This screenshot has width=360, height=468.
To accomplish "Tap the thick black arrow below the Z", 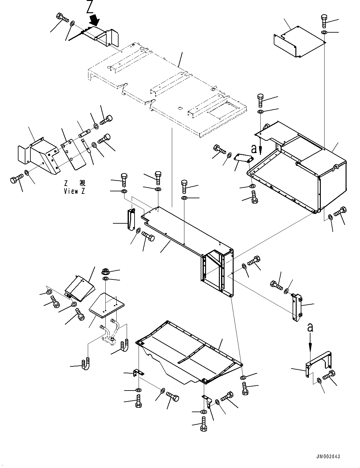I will [x=95, y=21].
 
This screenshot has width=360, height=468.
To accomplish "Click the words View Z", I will [x=74, y=191].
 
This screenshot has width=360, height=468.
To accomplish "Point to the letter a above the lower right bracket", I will [x=310, y=328].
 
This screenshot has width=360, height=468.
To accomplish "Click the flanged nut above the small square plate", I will [x=106, y=271].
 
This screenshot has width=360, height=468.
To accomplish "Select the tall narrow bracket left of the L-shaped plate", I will [x=131, y=220].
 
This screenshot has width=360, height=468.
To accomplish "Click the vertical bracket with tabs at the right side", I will [x=296, y=307].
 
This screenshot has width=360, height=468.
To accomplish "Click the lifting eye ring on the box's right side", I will [x=336, y=167].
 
